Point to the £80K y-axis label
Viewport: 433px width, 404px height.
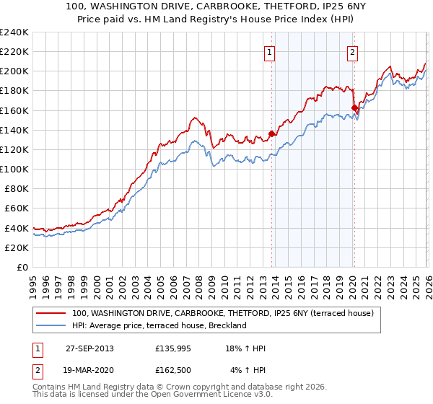pyautogui.click(x=15, y=189)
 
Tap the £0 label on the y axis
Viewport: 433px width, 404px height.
pyautogui.click(x=22, y=267)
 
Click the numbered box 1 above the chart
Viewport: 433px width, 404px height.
pyautogui.click(x=269, y=51)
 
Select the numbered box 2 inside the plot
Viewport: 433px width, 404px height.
pyautogui.click(x=352, y=51)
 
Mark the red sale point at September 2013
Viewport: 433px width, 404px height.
pyautogui.click(x=271, y=133)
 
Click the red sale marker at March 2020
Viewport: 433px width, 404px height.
pyautogui.click(x=354, y=108)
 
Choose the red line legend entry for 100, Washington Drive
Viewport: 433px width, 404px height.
pyautogui.click(x=222, y=313)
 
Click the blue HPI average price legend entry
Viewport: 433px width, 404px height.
pyautogui.click(x=159, y=325)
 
